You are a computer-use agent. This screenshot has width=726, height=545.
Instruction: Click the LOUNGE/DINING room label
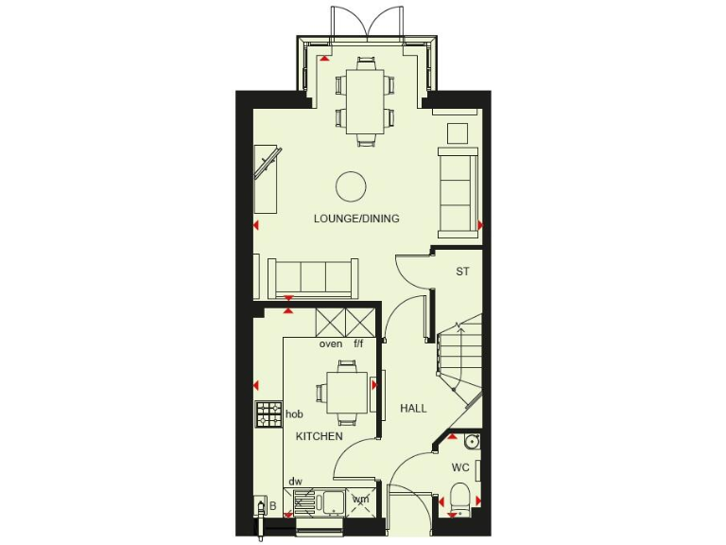pos(356,219)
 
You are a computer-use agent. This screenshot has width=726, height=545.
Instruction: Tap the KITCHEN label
pos(319,436)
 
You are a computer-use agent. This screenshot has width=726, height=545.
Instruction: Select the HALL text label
pos(413,409)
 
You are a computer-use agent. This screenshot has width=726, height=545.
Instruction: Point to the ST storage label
pos(462,272)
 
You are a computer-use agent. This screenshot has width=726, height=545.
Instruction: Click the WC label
pos(460,467)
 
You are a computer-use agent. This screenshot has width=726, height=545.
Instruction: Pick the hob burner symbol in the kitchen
pos(269,413)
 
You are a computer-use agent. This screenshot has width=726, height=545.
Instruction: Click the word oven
pos(330,343)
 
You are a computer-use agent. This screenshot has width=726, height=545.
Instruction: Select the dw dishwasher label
pos(295,482)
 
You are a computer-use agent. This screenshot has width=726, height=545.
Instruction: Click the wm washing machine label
pos(360,500)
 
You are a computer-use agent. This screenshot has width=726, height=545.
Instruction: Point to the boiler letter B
pos(272,507)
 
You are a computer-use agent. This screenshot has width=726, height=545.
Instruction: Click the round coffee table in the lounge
pos(352,186)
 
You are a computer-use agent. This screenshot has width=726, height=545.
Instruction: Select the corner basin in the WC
pos(471,442)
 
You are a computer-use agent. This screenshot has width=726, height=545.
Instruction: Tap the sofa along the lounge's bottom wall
pos(313,277)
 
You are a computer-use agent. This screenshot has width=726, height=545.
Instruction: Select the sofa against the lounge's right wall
pos(458,189)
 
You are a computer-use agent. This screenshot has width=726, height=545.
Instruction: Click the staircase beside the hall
pos(458,364)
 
